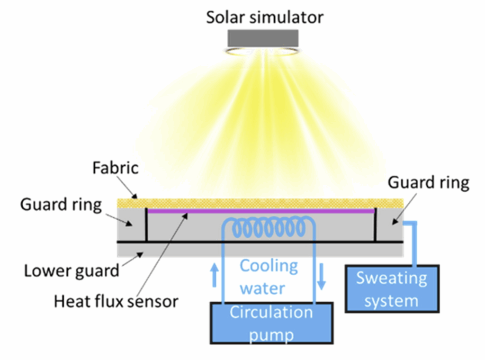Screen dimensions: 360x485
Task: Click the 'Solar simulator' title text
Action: (x=264, y=17)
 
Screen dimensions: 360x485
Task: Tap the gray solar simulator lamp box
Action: (x=263, y=38)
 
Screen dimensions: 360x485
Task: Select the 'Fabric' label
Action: (x=115, y=168)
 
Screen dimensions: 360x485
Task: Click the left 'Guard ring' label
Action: (x=61, y=205)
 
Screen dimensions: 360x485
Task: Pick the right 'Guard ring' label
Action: (x=428, y=182)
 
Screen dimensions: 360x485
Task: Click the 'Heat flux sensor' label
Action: (x=116, y=301)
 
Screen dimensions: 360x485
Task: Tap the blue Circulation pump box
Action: (x=271, y=322)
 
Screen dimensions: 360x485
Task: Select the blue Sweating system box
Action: (x=392, y=288)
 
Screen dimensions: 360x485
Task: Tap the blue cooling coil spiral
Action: (x=268, y=229)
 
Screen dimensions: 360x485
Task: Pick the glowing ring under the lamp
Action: (x=263, y=50)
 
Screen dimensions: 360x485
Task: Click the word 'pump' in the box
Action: (x=271, y=334)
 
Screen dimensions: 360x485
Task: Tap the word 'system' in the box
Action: (x=391, y=300)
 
